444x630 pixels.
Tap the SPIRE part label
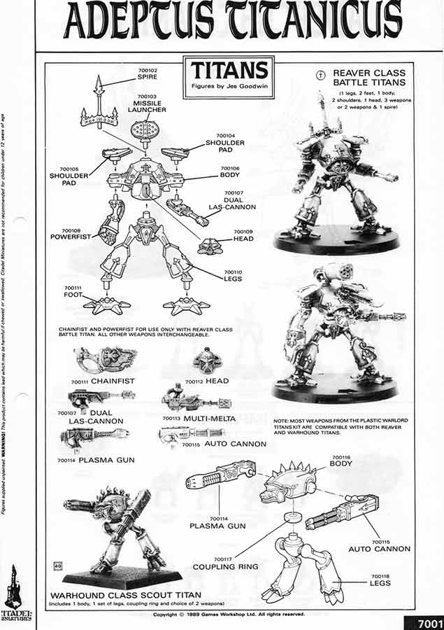tap(148, 78)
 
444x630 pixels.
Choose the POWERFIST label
tap(76, 237)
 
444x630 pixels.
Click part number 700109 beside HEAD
tap(243, 231)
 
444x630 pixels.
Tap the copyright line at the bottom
tap(229, 614)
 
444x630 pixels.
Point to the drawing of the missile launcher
tap(148, 131)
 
